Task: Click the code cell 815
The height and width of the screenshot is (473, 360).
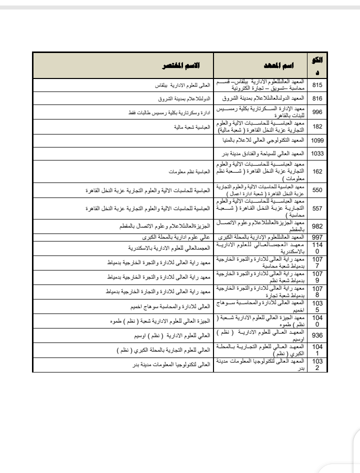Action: (x=317, y=85)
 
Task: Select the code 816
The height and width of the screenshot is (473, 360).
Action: (x=317, y=98)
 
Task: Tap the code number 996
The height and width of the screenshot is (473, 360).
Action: (x=317, y=112)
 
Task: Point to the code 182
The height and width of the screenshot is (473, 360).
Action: (x=317, y=126)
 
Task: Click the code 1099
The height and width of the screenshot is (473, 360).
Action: (x=317, y=140)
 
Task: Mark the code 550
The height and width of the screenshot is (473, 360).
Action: (x=317, y=190)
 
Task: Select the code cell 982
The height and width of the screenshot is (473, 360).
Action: (x=317, y=225)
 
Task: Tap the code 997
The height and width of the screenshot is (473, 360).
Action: (x=317, y=236)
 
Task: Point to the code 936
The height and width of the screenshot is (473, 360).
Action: (x=317, y=335)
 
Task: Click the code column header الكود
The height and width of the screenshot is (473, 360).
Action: (x=317, y=65)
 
